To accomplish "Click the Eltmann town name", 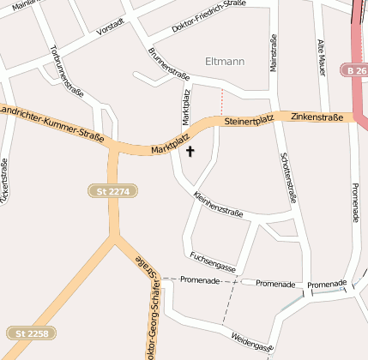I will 226,61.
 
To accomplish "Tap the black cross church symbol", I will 190,152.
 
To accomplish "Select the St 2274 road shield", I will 113,191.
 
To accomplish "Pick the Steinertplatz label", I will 248,122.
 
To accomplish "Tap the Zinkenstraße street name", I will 317,116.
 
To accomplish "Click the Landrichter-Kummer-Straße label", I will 51,123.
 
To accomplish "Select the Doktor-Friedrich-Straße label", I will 208,16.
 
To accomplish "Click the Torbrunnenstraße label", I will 67,68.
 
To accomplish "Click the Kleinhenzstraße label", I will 219,206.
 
